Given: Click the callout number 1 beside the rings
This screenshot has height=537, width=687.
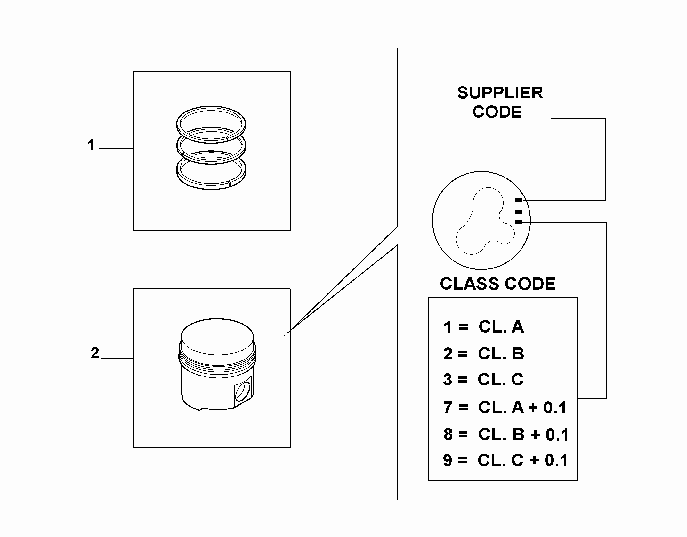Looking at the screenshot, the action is point(92,145).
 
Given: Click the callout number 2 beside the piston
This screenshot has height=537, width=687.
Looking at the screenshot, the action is point(95,353).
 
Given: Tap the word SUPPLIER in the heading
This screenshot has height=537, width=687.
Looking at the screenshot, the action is point(500,93).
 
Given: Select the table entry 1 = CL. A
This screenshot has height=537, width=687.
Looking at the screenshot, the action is point(483,327).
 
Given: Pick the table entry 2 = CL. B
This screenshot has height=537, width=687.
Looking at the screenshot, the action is point(483,354).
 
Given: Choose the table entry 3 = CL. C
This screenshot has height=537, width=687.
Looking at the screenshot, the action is point(483,380).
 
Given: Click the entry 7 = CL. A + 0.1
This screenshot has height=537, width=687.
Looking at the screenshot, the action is point(505,408).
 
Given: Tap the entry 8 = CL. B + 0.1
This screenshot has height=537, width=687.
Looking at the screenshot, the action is point(506,434).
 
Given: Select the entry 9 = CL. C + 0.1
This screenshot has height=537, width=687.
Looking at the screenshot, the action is point(505,460).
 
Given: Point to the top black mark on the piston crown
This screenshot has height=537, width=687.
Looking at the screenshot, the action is point(519,201).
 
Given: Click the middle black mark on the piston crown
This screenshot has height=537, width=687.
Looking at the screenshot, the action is point(519,212).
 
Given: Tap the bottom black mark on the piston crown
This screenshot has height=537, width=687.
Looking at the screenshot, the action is point(519,222).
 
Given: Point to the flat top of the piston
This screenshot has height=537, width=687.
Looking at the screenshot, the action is point(217,336).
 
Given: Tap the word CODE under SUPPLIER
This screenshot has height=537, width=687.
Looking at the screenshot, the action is point(497,112).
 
